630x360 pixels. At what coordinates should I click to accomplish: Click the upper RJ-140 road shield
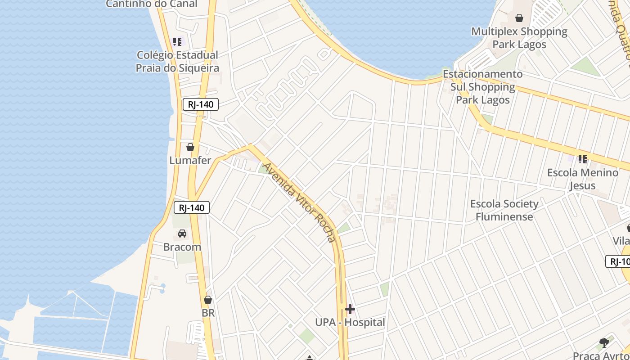(201, 105)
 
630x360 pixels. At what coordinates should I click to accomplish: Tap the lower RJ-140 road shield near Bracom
(192, 207)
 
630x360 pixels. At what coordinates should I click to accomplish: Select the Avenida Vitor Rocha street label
(299, 202)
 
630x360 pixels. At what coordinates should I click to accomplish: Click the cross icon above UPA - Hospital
(350, 309)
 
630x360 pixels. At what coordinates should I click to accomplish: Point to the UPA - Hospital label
(350, 322)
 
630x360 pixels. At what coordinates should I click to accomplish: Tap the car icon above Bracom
(182, 234)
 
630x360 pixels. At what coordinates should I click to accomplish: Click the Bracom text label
(182, 247)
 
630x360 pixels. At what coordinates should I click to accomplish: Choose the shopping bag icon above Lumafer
(190, 147)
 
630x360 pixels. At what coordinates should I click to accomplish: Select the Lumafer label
(190, 160)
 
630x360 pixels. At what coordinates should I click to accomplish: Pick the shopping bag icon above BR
(208, 300)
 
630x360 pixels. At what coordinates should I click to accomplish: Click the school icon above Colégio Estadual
(178, 42)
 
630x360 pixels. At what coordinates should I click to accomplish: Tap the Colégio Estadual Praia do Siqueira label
(178, 62)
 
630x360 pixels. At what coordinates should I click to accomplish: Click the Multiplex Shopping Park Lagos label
(519, 38)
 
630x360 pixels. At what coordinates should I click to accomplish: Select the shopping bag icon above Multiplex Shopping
(519, 18)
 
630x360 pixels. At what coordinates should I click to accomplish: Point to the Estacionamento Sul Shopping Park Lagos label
(483, 87)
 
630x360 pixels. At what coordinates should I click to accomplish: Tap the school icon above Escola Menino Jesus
(583, 159)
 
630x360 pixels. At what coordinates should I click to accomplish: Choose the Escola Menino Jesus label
(583, 179)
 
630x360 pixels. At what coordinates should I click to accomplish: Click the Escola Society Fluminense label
(504, 210)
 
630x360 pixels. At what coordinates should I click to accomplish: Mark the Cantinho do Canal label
(152, 4)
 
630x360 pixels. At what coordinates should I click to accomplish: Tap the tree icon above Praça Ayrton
(604, 343)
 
